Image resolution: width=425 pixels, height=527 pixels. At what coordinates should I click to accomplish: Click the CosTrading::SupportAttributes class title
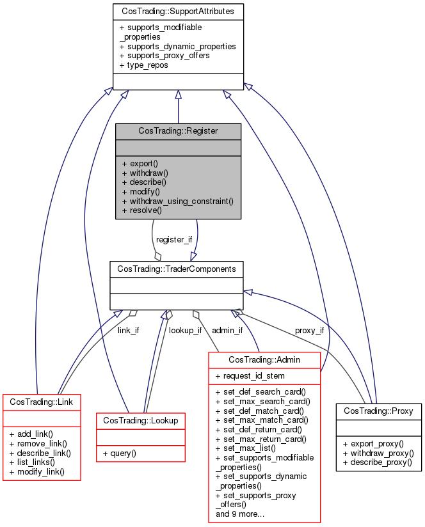coord(178,12)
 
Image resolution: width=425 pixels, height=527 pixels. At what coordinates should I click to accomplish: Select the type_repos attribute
coord(143,65)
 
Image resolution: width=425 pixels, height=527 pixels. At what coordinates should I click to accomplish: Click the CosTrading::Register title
coord(178,130)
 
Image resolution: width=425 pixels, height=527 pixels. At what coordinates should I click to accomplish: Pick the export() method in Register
coord(140,163)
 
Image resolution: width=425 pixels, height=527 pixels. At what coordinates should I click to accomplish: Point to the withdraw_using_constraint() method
coord(177,200)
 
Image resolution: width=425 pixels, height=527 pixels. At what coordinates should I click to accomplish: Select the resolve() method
coord(142,210)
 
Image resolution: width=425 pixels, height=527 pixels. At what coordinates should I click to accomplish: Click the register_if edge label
coord(174,239)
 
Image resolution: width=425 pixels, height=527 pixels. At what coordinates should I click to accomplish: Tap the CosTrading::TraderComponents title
coord(176,269)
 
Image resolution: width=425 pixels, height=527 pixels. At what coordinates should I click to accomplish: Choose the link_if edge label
coord(128,331)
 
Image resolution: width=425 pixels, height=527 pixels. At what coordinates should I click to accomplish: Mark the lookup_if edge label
coord(185,331)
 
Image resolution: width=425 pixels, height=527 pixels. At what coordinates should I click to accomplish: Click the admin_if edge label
coord(227,331)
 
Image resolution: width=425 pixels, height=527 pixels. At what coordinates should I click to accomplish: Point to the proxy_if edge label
coord(309,331)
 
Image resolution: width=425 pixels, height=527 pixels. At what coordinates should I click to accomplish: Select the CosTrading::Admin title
coord(264,360)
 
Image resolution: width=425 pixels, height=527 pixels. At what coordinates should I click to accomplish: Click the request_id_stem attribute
coord(250,375)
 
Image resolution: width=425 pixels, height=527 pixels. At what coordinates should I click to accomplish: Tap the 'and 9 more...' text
coord(241,514)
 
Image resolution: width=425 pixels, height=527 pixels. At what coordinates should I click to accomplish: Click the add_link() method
coord(31,434)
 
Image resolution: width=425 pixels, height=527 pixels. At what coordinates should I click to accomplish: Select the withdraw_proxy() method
coord(378,453)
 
